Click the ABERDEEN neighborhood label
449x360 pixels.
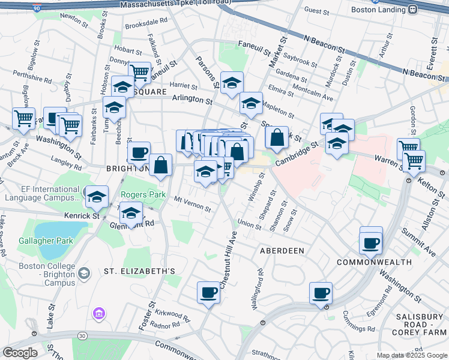tap(282, 250)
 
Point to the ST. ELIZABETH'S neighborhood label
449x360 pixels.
tap(139, 271)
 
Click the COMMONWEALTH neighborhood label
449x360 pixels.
tap(374, 262)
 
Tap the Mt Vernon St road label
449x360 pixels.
tap(192, 204)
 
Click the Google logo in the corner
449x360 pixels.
tap(20, 353)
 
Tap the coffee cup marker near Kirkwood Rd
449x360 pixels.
tap(208, 293)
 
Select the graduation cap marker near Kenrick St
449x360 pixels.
tap(97, 197)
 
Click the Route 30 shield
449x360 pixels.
tap(82, 335)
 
